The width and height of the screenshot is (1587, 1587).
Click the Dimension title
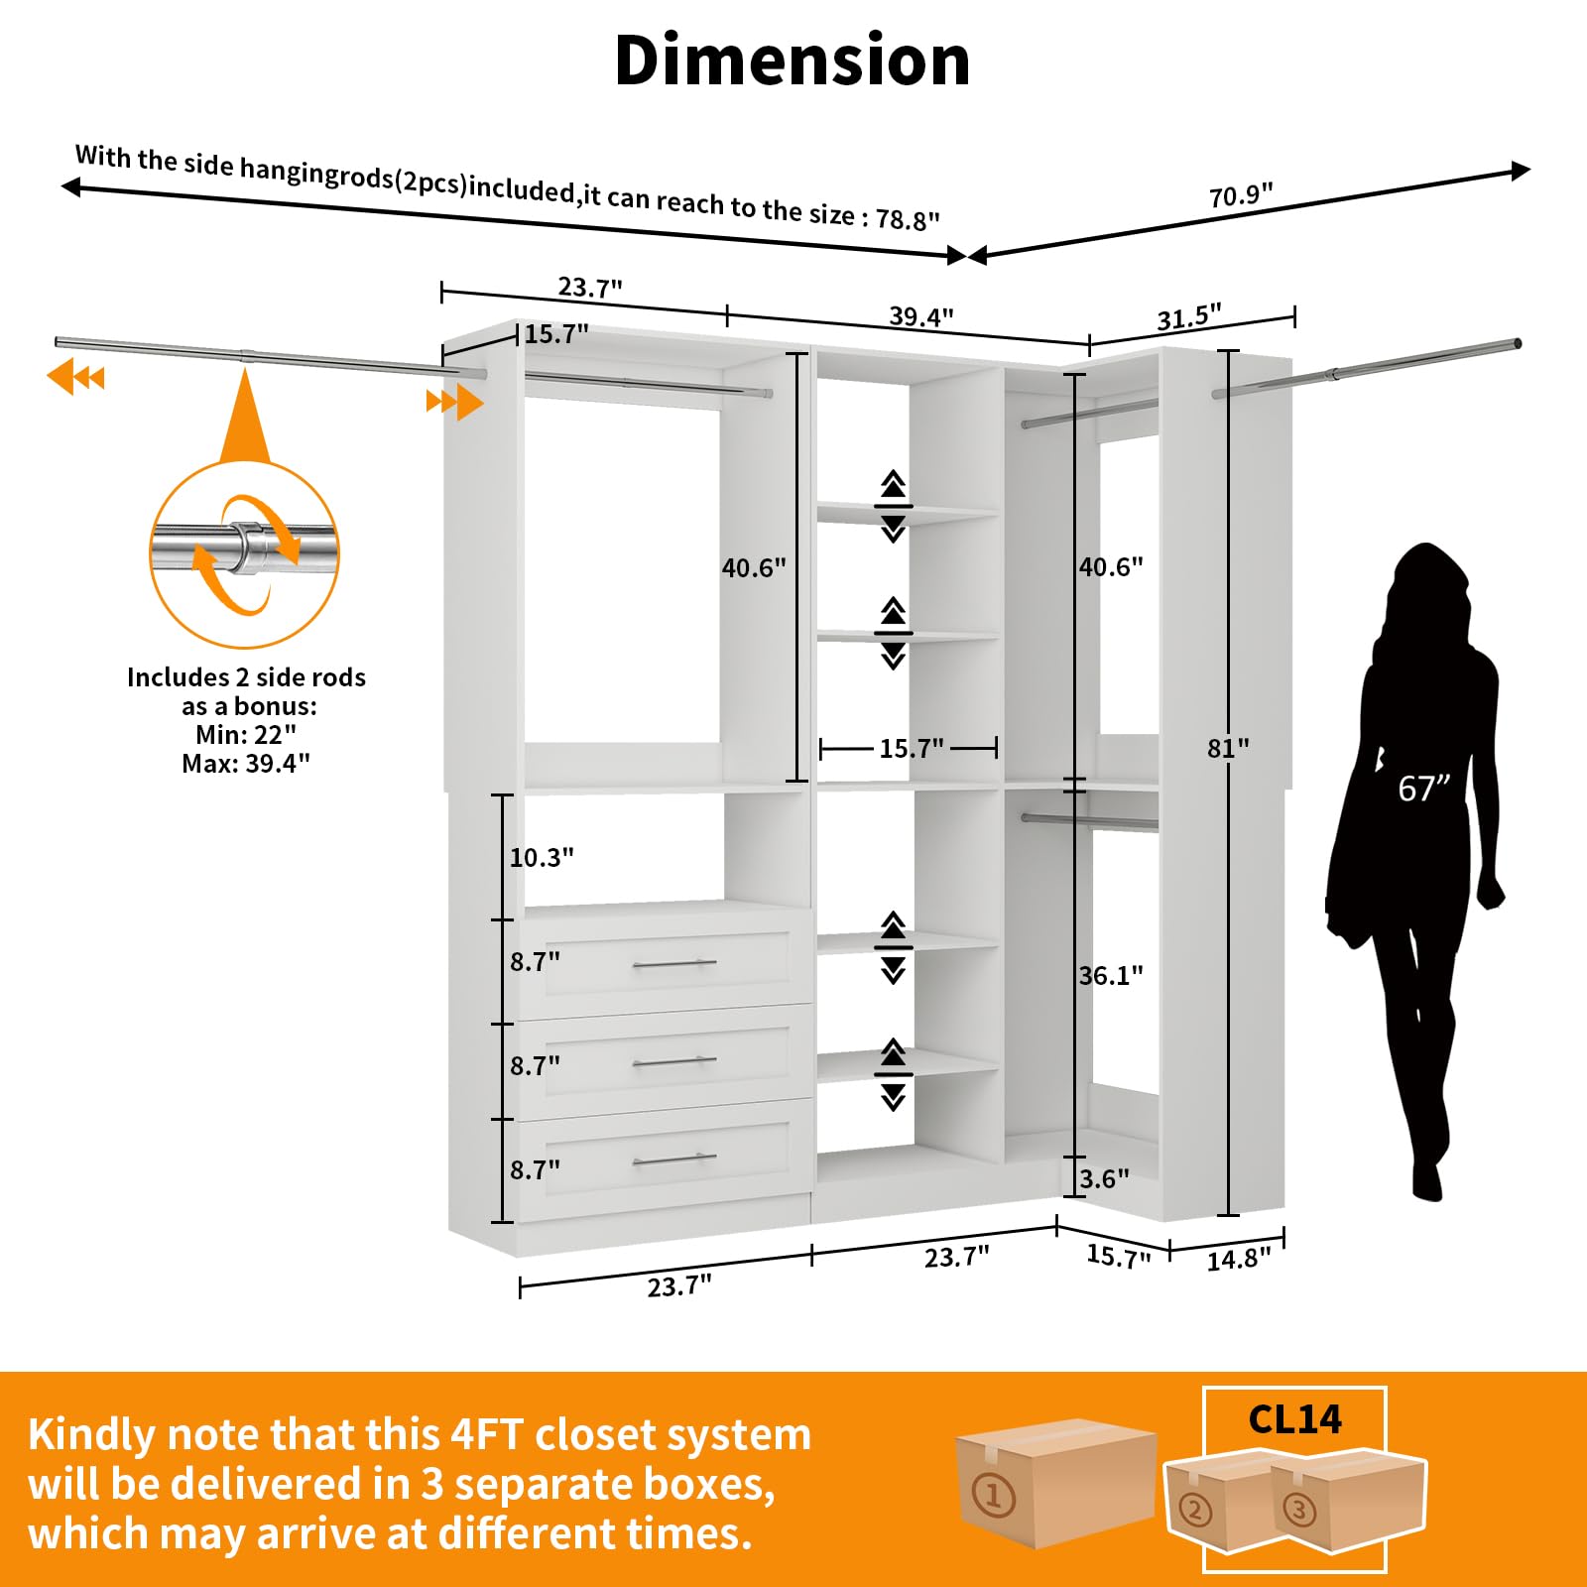coord(793,61)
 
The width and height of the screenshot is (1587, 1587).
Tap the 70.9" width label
coord(1240,195)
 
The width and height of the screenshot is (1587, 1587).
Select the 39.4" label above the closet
coord(921,316)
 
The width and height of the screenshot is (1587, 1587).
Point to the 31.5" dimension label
coord(1189,317)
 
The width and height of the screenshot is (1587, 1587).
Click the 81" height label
coord(1228,749)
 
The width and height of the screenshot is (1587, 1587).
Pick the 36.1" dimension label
coord(1111,976)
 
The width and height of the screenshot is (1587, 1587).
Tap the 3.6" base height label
coord(1105,1179)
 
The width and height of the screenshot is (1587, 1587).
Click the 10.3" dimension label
coord(542,858)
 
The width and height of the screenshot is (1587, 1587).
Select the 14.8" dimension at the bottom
coord(1239,1260)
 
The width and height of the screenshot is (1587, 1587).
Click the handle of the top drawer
coord(674,963)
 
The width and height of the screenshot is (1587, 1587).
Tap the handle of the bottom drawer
coord(674,1160)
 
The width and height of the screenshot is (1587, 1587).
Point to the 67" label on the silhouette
coord(1423,789)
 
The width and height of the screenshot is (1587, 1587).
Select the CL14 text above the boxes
coord(1294,1419)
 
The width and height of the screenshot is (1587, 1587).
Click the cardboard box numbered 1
coord(1055,1482)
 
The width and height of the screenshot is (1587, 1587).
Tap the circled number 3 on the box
coord(1299,1511)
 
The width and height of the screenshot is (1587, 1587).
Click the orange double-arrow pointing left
coord(75,378)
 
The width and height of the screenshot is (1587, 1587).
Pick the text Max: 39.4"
coord(246,764)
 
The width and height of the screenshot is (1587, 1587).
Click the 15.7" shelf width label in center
coord(912,749)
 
